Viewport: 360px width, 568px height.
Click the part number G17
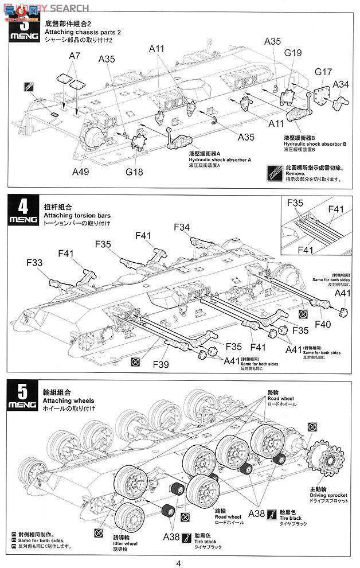tap(323, 72)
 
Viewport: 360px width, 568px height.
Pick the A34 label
tap(341, 84)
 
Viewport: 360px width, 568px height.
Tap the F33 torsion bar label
tap(35, 263)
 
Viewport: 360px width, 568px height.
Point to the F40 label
tap(322, 324)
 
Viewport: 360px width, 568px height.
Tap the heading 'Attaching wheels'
tap(68, 400)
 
